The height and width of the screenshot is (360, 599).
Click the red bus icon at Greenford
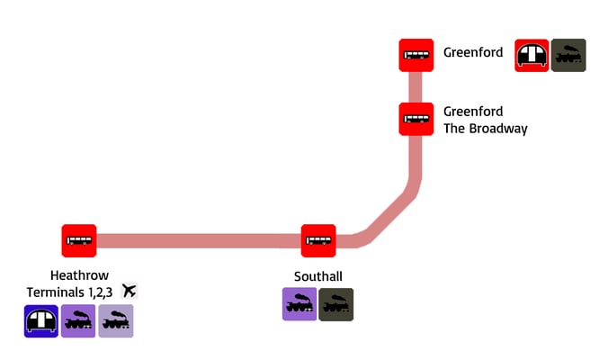click(416, 55)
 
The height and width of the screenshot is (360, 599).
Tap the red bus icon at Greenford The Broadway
click(416, 119)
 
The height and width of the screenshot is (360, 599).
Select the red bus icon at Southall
click(318, 241)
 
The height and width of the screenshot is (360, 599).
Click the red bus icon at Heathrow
click(78, 241)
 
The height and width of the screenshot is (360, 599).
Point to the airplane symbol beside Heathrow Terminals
click(129, 291)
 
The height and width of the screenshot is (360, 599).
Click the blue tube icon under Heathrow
click(41, 321)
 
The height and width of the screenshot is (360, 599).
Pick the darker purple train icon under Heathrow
click(78, 321)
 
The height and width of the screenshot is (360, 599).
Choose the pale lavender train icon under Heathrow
click(115, 321)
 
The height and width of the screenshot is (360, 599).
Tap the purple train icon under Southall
click(299, 305)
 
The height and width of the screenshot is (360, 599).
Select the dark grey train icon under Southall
click(336, 305)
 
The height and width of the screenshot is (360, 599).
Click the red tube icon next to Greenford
click(532, 56)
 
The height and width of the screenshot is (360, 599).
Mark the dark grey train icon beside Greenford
click(568, 56)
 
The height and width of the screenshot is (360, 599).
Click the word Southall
click(317, 275)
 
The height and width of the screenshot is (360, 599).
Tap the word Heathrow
click(79, 275)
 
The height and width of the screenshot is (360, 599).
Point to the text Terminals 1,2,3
click(70, 292)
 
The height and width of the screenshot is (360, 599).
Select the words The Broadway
click(485, 128)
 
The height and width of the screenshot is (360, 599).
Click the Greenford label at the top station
click(473, 52)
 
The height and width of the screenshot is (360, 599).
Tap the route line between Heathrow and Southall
click(198, 241)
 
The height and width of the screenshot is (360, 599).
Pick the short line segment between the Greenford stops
click(416, 87)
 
